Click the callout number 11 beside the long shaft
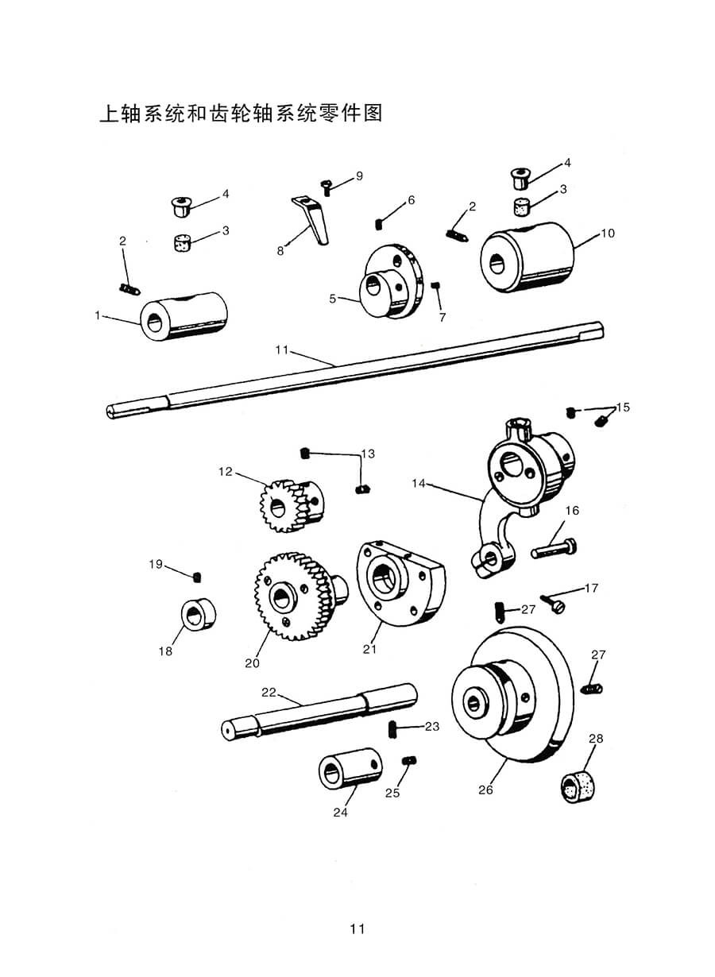[x=282, y=349]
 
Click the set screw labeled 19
[x=197, y=577]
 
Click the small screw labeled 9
[x=327, y=188]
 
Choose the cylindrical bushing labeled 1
[x=184, y=316]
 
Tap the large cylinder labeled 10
[x=528, y=257]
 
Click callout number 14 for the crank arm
[x=419, y=483]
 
